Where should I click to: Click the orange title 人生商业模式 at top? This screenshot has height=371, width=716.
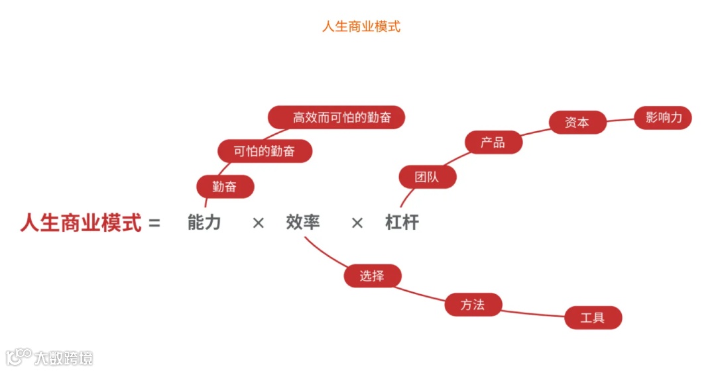(361, 27)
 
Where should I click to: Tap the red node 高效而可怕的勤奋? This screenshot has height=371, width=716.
(337, 118)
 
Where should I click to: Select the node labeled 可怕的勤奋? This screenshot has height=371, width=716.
(265, 151)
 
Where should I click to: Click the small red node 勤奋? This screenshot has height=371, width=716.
(225, 187)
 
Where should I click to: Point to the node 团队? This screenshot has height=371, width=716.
(427, 177)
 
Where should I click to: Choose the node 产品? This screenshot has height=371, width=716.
(493, 142)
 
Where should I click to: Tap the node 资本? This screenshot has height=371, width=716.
(577, 123)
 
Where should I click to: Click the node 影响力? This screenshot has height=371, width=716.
(663, 118)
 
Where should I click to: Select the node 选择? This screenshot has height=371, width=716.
(372, 276)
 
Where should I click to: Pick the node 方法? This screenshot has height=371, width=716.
(473, 305)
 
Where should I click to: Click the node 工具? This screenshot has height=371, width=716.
(593, 318)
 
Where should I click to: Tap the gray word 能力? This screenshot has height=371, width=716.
(204, 223)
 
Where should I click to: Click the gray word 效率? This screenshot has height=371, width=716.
(303, 223)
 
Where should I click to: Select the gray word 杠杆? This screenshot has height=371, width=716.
(402, 223)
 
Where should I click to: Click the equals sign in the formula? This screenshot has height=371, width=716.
(154, 223)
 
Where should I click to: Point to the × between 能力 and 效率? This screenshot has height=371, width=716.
(258, 223)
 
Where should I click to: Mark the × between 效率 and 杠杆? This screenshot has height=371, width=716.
(357, 223)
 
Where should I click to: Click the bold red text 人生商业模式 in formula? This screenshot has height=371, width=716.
(81, 223)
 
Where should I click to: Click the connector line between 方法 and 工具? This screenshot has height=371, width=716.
(534, 313)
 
